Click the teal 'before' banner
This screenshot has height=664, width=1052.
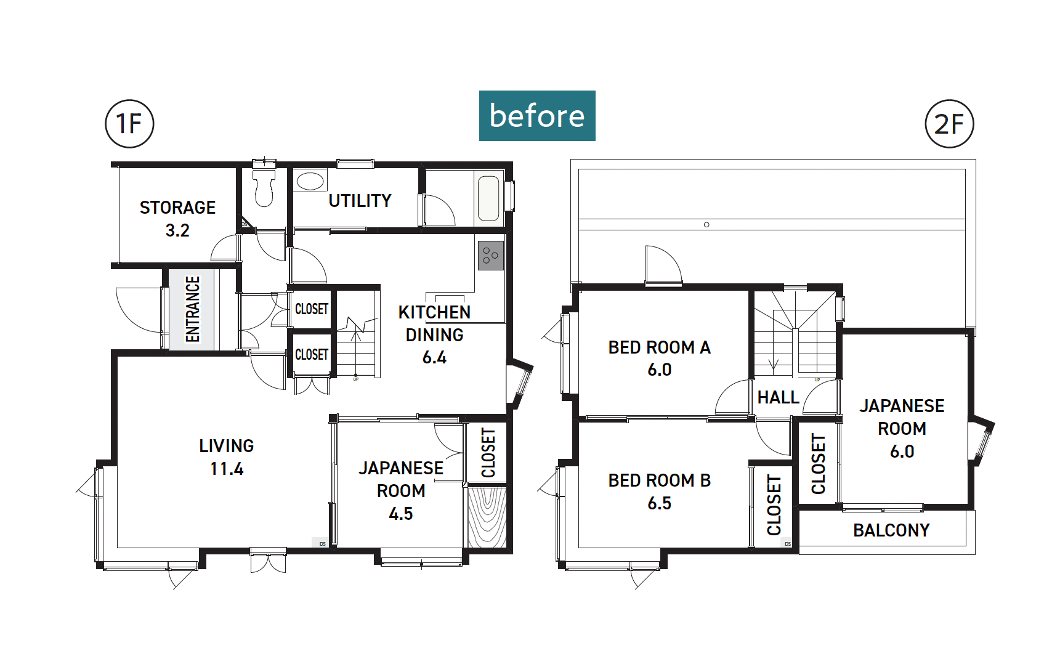(x=537, y=116)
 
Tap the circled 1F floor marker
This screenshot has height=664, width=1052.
(x=129, y=124)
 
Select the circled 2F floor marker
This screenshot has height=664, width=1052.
(x=949, y=124)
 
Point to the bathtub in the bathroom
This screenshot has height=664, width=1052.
(x=488, y=198)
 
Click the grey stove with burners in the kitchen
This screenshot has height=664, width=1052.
(x=491, y=256)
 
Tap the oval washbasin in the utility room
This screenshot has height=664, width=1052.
(x=310, y=181)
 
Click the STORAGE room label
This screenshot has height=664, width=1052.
(x=177, y=208)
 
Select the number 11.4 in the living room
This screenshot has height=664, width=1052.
(x=227, y=469)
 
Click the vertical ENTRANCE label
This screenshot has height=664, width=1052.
(x=193, y=309)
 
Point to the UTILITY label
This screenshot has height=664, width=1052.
(x=360, y=201)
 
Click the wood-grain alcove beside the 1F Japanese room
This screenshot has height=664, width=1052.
(x=487, y=517)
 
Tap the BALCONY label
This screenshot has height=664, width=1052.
(x=891, y=530)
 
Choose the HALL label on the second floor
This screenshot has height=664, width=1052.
(x=778, y=398)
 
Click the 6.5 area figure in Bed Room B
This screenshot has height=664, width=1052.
(x=660, y=503)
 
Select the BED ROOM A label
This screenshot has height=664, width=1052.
(x=660, y=347)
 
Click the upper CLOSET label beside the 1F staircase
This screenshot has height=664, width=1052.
(x=312, y=309)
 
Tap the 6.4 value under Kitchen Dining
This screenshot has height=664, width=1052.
(x=434, y=358)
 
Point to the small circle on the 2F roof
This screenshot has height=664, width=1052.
(x=706, y=225)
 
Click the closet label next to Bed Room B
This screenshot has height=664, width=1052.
(x=774, y=505)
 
